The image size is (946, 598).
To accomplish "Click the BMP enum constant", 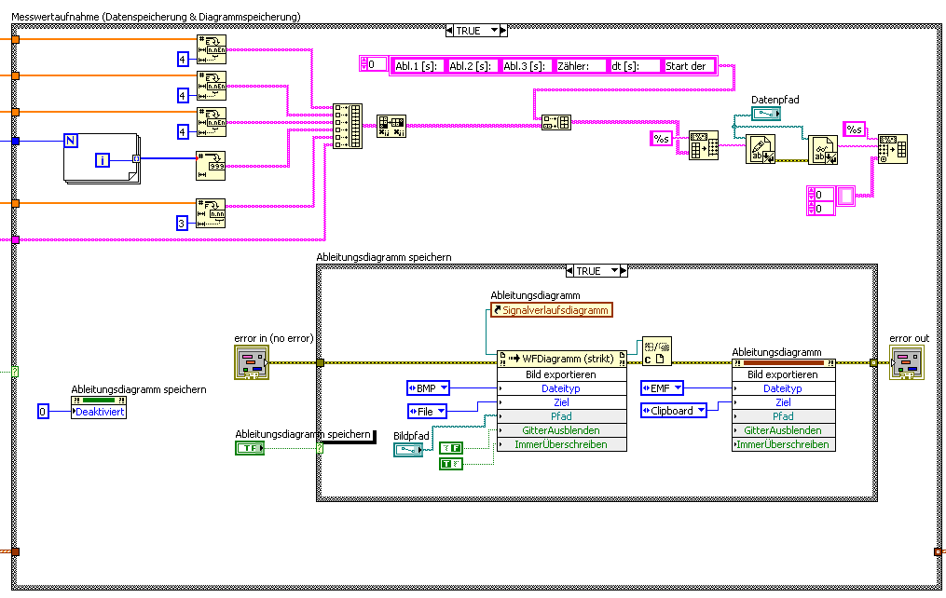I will pos(428,387).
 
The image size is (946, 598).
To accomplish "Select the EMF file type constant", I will pos(662,387).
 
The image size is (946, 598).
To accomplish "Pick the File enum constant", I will pos(428,410).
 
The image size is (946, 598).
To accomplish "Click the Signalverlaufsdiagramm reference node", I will pos(553,310).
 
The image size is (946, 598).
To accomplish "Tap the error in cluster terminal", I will pos(251,362).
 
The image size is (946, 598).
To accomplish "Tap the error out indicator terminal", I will pos(907,362).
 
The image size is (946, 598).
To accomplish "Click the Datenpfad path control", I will pos(766,114).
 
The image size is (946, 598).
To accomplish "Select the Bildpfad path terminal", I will pos(406,450).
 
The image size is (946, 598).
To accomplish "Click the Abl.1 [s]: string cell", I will pos(417,65).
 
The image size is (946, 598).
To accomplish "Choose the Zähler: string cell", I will pos(580,65).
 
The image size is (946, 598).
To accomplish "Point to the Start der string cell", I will pos(687,65).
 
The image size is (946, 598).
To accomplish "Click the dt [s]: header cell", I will pos(633,65).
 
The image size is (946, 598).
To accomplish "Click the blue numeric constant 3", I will pos(183,222).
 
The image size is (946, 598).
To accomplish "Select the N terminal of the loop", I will pos(70,141).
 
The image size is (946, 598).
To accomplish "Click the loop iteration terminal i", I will pos(103,161).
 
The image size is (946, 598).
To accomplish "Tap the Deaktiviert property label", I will pos(100,411).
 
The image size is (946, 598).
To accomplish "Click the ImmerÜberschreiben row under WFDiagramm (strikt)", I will pos(561,444).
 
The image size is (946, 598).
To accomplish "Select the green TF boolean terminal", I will pos(249,448).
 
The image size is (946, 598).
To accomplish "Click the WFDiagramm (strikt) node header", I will pos(562,359).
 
